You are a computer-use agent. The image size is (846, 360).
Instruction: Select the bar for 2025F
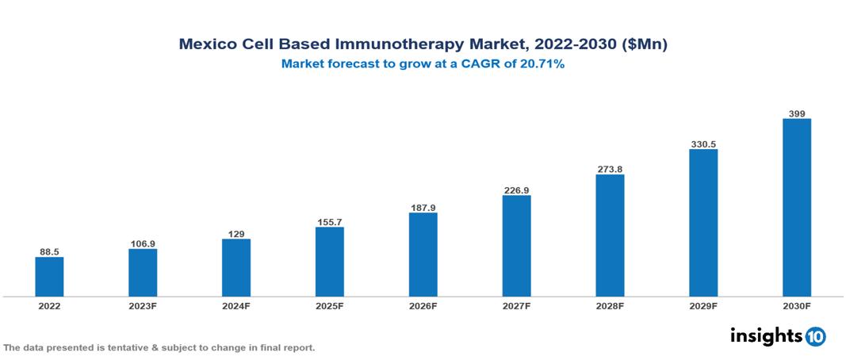[330, 262]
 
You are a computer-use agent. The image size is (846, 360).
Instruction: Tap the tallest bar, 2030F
[797, 208]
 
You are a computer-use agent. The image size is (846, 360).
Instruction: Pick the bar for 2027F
[516, 246]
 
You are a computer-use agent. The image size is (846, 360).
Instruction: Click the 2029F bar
[703, 223]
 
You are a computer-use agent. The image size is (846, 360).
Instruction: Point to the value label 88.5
[49, 251]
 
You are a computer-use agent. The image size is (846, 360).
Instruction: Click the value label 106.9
[143, 243]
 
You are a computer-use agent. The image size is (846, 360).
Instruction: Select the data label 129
[236, 234]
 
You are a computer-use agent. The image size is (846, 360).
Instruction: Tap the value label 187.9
[423, 208]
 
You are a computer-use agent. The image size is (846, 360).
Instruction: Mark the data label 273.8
[610, 170]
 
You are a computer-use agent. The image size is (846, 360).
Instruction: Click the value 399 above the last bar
[797, 114]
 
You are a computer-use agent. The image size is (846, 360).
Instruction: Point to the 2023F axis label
[143, 305]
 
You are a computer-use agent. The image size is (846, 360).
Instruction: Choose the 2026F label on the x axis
[423, 305]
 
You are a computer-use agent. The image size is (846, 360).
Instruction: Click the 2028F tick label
[610, 305]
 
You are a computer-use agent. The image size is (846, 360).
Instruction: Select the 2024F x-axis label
[236, 305]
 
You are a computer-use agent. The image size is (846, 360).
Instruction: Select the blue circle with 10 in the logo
[815, 336]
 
